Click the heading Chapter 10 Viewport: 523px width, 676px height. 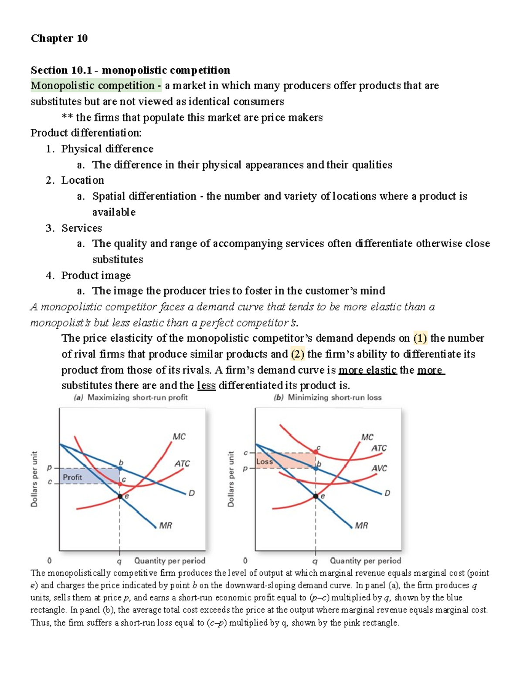(59, 38)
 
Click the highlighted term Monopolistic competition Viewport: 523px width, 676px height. (92, 86)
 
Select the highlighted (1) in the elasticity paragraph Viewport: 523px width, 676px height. (420, 338)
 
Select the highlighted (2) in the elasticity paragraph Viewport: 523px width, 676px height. (297, 354)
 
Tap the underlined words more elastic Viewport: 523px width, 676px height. (367, 370)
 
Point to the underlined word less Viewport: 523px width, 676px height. (206, 386)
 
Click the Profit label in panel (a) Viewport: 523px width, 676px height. (72, 477)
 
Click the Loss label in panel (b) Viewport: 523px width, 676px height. (265, 461)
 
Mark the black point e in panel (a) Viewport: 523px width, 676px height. (120, 496)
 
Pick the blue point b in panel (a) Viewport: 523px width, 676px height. (120, 468)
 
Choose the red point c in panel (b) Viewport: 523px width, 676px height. (316, 452)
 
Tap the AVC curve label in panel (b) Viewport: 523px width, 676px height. (379, 468)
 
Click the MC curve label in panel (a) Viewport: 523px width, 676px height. (179, 436)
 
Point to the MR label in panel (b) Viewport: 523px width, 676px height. (361, 525)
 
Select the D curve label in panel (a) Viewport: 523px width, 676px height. (191, 493)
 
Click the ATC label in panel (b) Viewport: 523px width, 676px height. (379, 448)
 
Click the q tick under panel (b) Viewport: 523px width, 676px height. (315, 561)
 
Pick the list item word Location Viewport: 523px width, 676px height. (82, 180)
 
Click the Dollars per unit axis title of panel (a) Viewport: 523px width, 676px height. (34, 479)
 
